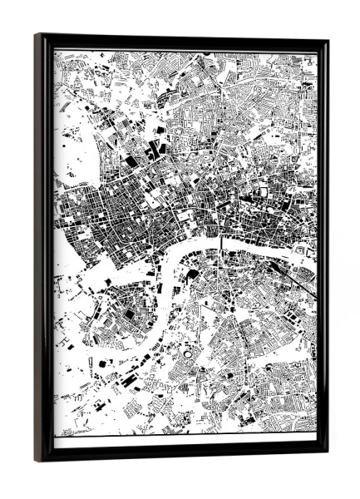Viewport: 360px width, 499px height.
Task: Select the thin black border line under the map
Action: pos(183,434)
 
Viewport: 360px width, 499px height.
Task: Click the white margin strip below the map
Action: pos(183,442)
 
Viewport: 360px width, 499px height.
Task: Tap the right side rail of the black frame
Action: pos(323,249)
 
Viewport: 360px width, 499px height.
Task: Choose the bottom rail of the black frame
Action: pos(183,455)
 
